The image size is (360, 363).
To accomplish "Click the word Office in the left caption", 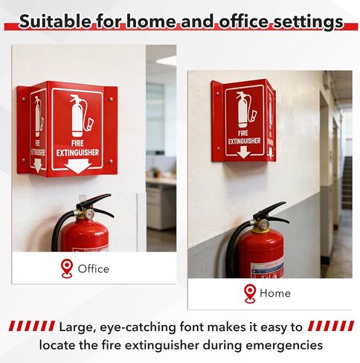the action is coord(94,269).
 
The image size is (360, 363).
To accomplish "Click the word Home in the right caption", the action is coord(275,293).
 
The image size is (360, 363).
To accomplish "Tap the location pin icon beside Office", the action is coord(67,269).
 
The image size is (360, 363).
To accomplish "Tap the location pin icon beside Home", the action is coord(250,294).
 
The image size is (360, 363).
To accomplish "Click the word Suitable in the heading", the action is coord(56,22).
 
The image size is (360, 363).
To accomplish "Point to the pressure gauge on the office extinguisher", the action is coord(89,214).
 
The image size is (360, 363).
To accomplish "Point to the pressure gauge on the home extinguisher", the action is coord(263,225).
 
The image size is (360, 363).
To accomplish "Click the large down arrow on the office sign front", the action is coord(78,166).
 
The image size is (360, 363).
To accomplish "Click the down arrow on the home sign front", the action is coord(244,152).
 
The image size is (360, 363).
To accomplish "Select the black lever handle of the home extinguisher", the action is coord(271,211).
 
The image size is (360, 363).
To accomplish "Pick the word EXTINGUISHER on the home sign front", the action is coord(244,141).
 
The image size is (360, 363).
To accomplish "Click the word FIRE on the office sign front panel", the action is coord(77,143).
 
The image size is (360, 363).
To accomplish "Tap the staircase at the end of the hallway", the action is coord(347,182).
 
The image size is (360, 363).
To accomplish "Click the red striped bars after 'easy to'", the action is coord(331,326).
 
